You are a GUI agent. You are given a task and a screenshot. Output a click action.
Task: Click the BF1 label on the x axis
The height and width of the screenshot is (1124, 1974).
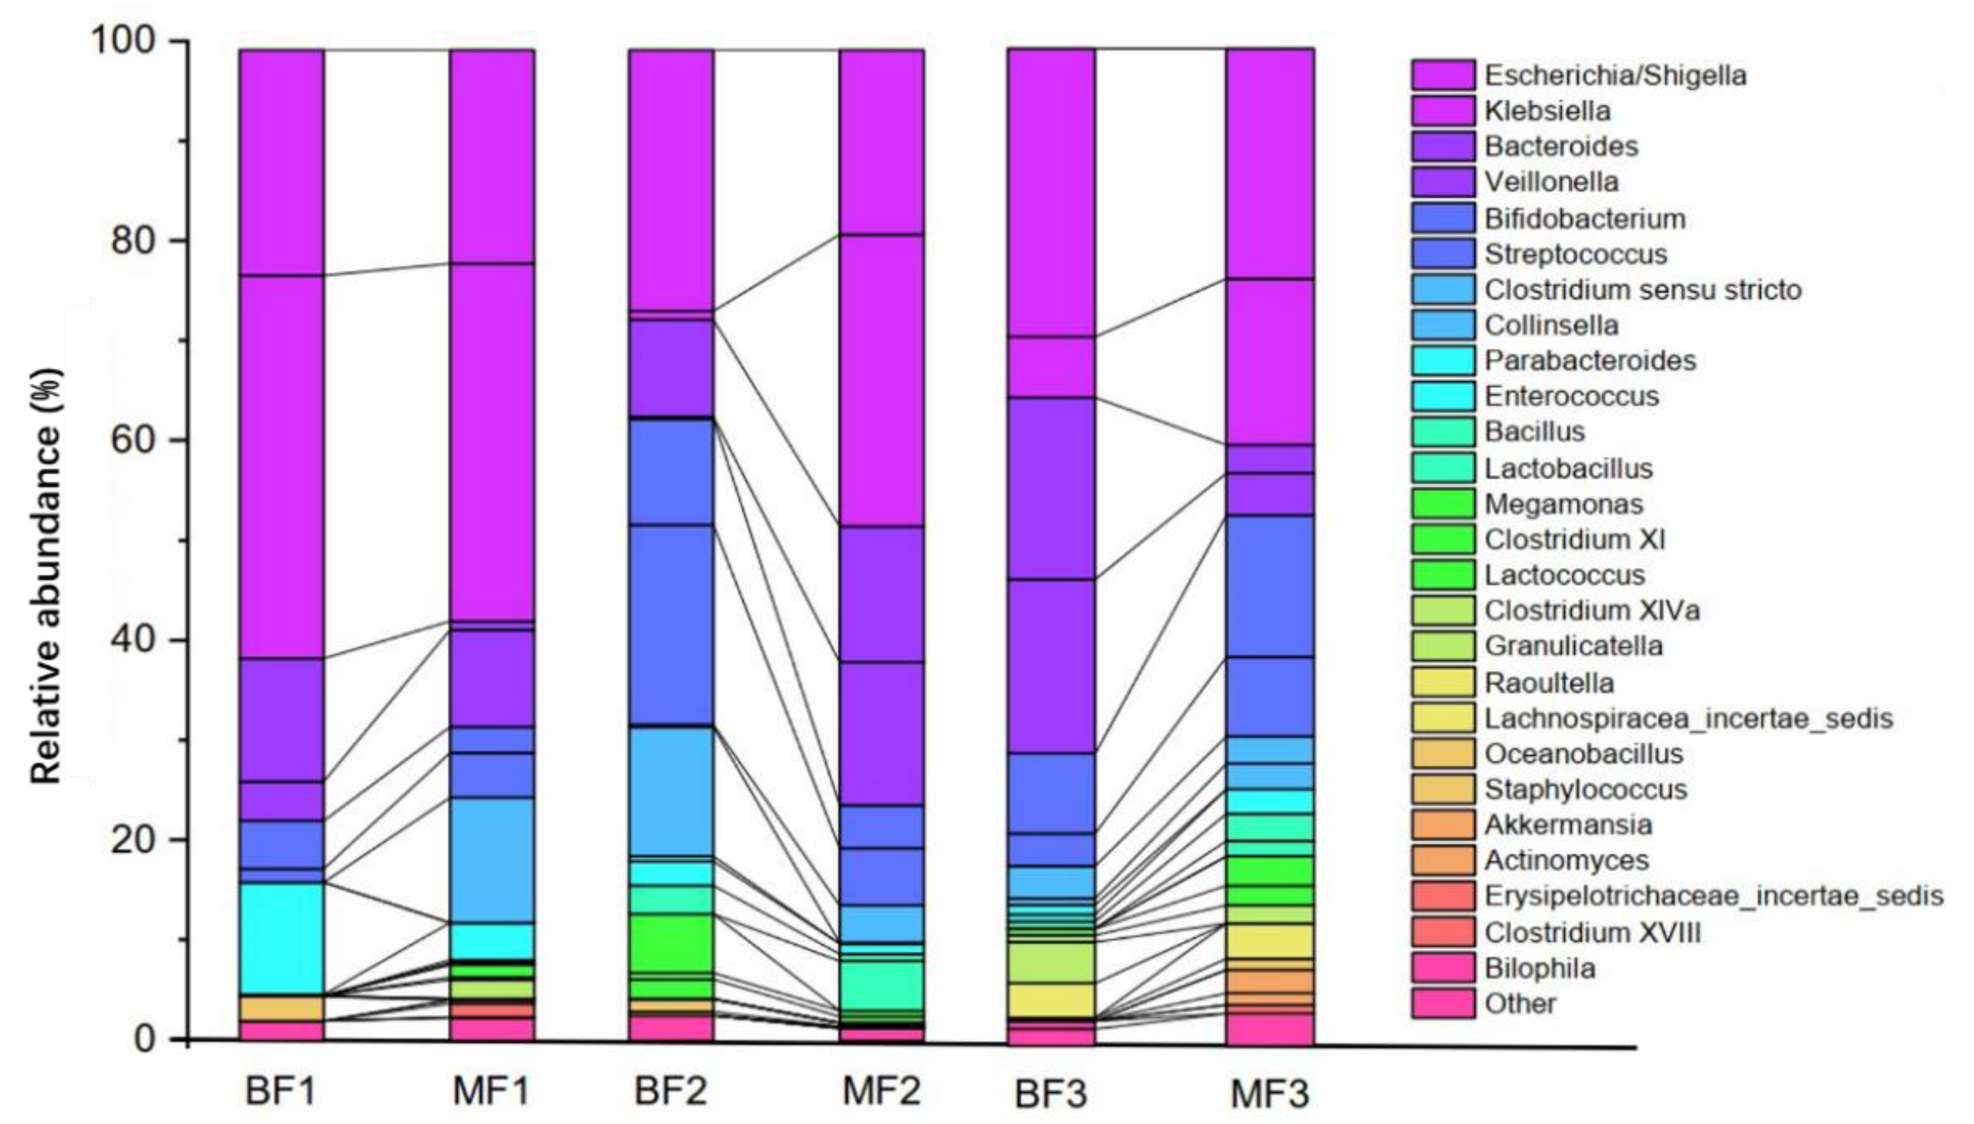point(280,1091)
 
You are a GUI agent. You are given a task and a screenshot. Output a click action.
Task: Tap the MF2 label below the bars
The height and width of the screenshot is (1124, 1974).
point(881,1091)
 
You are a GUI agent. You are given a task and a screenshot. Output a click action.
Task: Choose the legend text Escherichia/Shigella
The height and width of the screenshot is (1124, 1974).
point(1615,75)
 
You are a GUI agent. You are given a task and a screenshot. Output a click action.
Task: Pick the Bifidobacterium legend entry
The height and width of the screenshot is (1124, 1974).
point(1584,218)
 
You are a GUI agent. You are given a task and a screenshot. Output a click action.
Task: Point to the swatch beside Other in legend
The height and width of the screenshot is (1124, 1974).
point(1443,1004)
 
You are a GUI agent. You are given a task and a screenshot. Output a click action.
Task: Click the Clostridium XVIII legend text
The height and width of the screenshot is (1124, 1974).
point(1592,933)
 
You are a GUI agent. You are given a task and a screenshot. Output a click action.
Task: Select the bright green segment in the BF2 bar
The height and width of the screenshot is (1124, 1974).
point(671,942)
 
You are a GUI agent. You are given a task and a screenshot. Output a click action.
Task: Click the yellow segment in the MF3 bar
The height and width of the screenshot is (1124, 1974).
point(1269,940)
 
